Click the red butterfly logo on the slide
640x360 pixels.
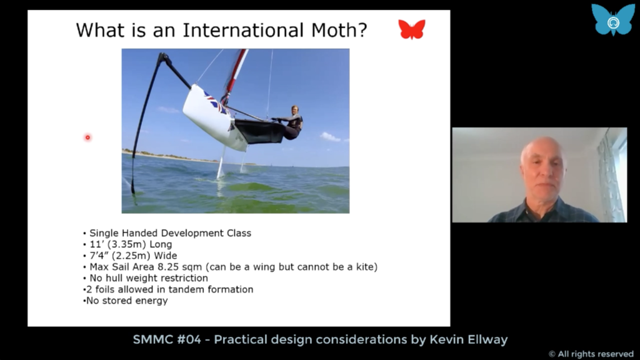[412, 29]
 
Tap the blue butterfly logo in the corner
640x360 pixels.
[613, 19]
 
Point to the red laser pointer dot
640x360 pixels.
[87, 137]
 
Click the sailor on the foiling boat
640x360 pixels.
[291, 122]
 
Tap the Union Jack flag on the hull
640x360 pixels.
[216, 103]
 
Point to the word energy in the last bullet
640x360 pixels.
[154, 301]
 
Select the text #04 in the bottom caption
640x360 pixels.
[189, 339]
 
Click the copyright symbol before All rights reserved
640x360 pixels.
[552, 354]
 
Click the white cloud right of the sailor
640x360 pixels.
[330, 137]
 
